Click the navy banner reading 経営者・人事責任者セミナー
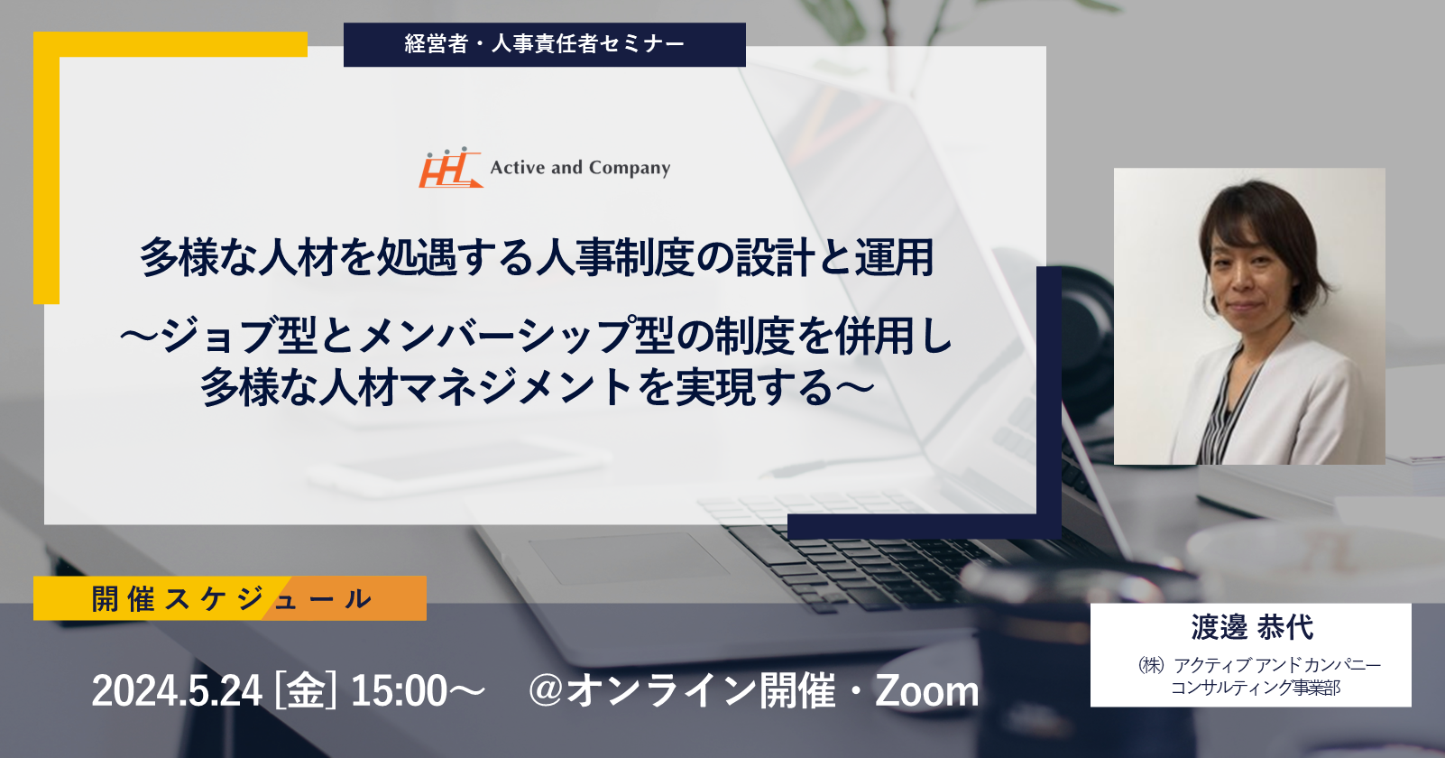click(545, 44)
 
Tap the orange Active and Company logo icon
click(450, 168)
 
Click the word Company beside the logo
click(629, 169)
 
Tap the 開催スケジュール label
click(231, 599)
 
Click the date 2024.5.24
click(177, 691)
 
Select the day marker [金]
click(306, 691)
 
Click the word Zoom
click(926, 691)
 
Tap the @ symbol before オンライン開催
click(547, 690)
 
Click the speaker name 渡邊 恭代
click(1251, 627)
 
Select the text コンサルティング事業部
click(1256, 688)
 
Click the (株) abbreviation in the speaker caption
click(1152, 664)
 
